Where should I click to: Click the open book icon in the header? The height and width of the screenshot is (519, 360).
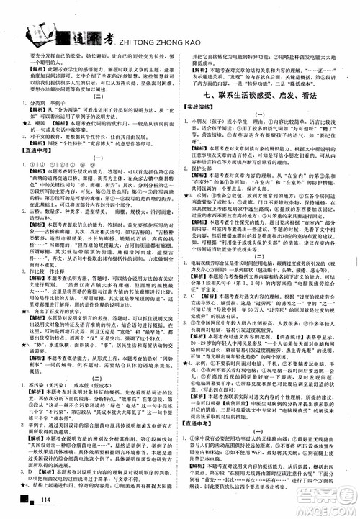36,33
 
